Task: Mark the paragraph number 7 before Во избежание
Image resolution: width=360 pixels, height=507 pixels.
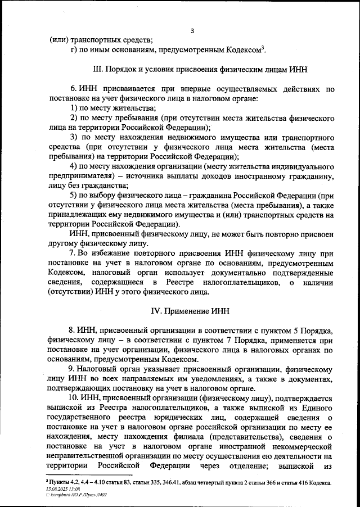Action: point(71,254)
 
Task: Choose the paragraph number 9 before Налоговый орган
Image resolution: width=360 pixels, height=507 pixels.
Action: point(71,369)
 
